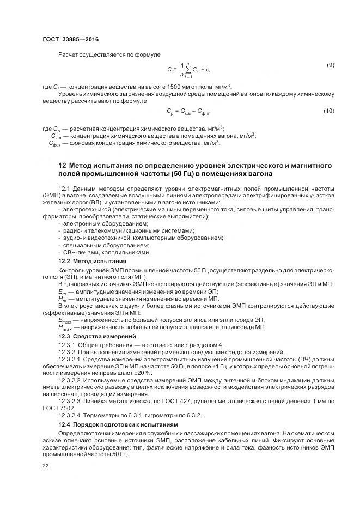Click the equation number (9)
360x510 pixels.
pyautogui.click(x=330, y=65)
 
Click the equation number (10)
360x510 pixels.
pyautogui.click(x=328, y=111)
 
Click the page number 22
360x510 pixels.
pyautogui.click(x=45, y=466)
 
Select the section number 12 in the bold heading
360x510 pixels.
pyautogui.click(x=62, y=165)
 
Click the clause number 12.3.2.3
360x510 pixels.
pyautogui.click(x=69, y=401)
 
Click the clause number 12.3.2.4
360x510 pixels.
pyautogui.click(x=69, y=415)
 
